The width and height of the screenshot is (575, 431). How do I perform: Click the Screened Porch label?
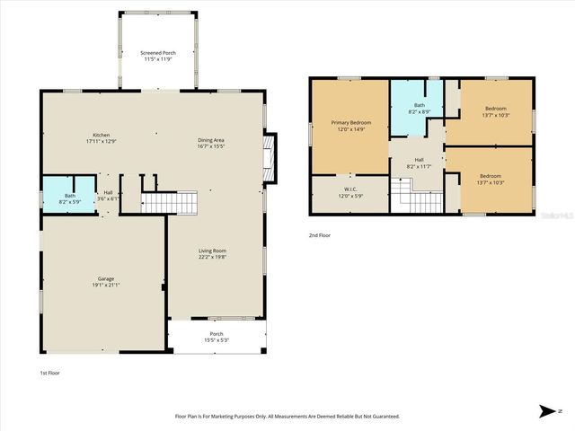click(158, 54)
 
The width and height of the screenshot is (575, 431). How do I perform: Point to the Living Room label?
click(212, 251)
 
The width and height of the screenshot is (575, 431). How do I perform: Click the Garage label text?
click(105, 278)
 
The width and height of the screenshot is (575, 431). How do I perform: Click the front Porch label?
click(217, 334)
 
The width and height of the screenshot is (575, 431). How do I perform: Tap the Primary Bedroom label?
click(350, 122)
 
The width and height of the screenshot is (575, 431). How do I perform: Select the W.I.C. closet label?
click(350, 189)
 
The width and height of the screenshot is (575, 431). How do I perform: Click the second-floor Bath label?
click(419, 105)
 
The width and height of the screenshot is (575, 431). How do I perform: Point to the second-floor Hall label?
click(419, 160)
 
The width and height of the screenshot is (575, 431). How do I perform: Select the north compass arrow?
click(547, 411)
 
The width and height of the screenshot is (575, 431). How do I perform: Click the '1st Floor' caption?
click(50, 372)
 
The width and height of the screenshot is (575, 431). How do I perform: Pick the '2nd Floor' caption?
click(321, 236)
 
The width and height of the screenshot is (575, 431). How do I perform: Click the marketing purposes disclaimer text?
click(287, 416)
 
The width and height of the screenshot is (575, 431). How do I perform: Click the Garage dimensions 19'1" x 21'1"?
click(105, 285)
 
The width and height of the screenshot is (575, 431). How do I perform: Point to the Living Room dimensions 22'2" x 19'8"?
click(212, 257)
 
